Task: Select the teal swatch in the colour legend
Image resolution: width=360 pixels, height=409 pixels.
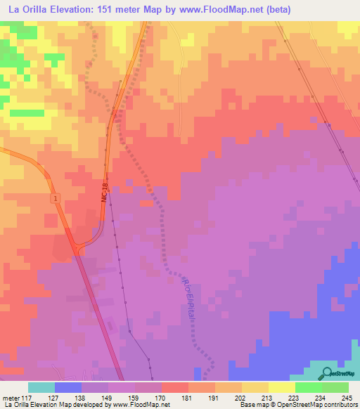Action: (x=41, y=387)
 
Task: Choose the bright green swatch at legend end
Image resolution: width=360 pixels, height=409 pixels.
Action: (x=335, y=387)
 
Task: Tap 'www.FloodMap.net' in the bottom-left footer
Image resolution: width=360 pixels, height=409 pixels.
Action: (x=141, y=405)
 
